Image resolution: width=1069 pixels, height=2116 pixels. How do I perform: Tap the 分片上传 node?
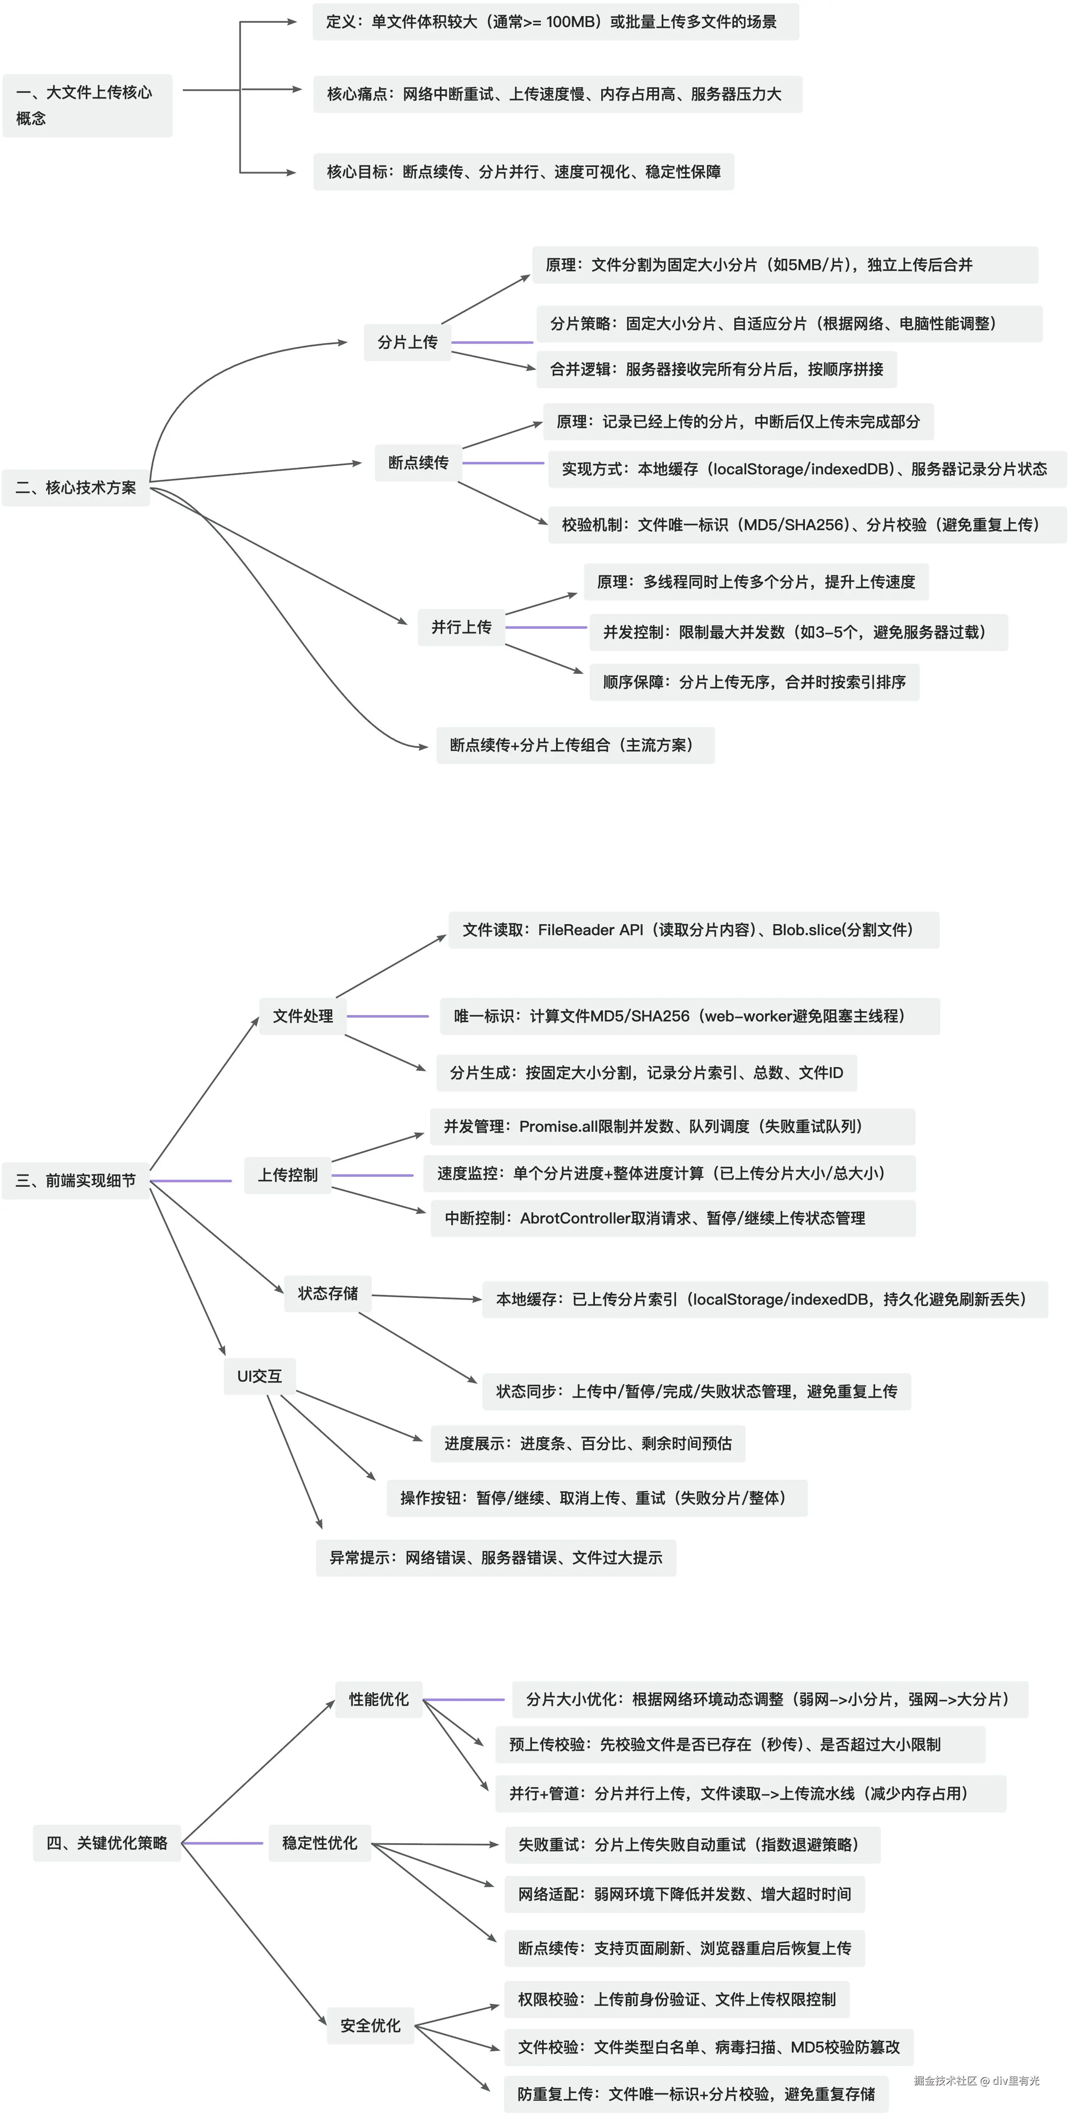point(407,342)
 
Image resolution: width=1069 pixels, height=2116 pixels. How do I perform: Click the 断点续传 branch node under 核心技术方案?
point(418,463)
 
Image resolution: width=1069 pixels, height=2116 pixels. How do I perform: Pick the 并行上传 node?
point(461,627)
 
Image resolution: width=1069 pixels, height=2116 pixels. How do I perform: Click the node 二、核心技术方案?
point(76,487)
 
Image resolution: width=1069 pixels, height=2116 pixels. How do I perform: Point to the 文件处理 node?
point(303,1016)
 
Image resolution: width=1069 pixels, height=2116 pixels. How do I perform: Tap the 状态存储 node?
point(327,1294)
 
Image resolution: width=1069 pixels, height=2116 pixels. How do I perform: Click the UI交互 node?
point(259,1376)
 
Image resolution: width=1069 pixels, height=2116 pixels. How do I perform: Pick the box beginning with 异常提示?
point(496,1558)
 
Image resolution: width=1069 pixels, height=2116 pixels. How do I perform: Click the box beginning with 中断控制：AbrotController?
point(672,1218)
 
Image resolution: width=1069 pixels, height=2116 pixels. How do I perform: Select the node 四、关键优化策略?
point(107,1842)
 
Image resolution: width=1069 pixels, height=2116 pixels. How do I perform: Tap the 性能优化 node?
point(379,1699)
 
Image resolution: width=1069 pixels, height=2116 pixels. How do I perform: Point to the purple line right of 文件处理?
point(387,1016)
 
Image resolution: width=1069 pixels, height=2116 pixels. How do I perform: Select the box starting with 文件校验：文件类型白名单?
point(709,2047)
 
